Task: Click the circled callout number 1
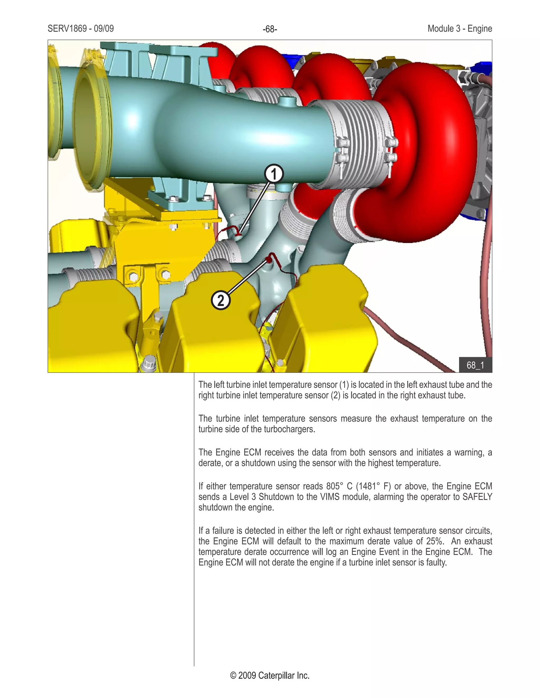pyautogui.click(x=274, y=174)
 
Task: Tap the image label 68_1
pyautogui.click(x=475, y=365)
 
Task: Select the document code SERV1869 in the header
pyautogui.click(x=67, y=29)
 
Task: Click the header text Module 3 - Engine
pyautogui.click(x=459, y=29)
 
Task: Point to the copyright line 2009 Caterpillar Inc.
pyautogui.click(x=270, y=675)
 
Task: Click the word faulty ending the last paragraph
pyautogui.click(x=436, y=562)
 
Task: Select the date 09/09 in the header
pyautogui.click(x=104, y=29)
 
